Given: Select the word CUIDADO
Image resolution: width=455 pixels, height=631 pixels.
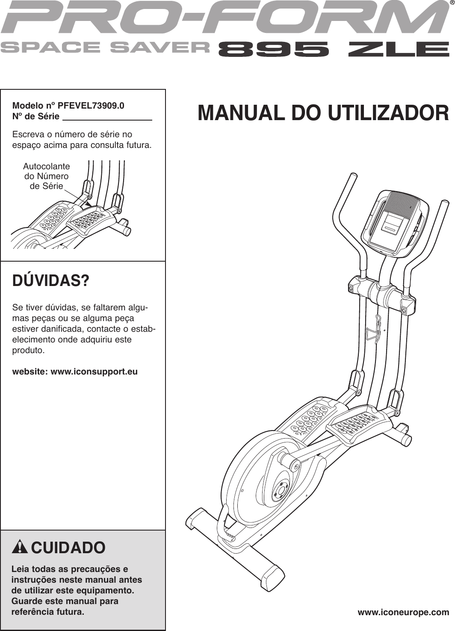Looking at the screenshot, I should (x=68, y=548).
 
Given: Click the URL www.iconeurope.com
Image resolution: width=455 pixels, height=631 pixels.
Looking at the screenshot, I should (x=403, y=612).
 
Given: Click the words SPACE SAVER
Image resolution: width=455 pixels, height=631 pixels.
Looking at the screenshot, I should (x=105, y=47).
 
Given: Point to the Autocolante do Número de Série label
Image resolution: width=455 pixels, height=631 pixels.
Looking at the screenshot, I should (x=46, y=176).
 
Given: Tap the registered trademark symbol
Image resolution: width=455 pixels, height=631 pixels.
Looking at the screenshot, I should (x=451, y=3).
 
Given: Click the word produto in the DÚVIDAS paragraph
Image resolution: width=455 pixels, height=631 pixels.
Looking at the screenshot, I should (x=28, y=351).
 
